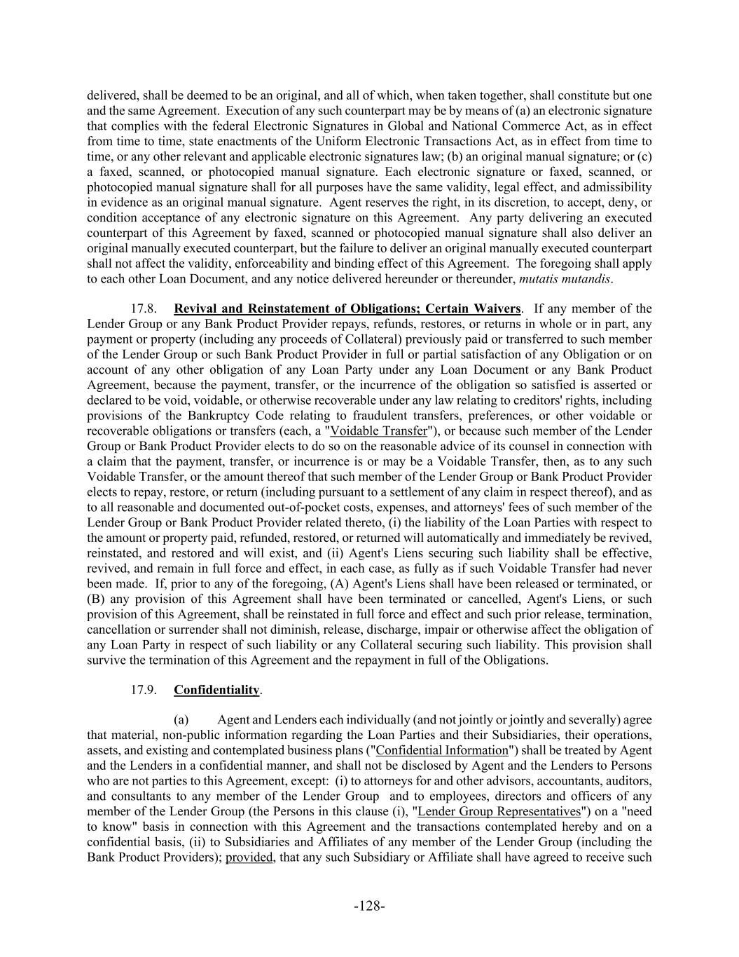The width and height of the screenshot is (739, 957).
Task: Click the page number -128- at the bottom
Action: (x=369, y=906)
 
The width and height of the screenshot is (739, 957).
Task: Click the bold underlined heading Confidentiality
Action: (x=216, y=690)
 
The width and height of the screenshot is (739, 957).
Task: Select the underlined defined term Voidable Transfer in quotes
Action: (x=378, y=431)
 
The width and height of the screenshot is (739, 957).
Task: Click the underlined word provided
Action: (x=249, y=857)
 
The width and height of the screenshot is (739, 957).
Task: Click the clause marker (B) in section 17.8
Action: (x=95, y=599)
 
